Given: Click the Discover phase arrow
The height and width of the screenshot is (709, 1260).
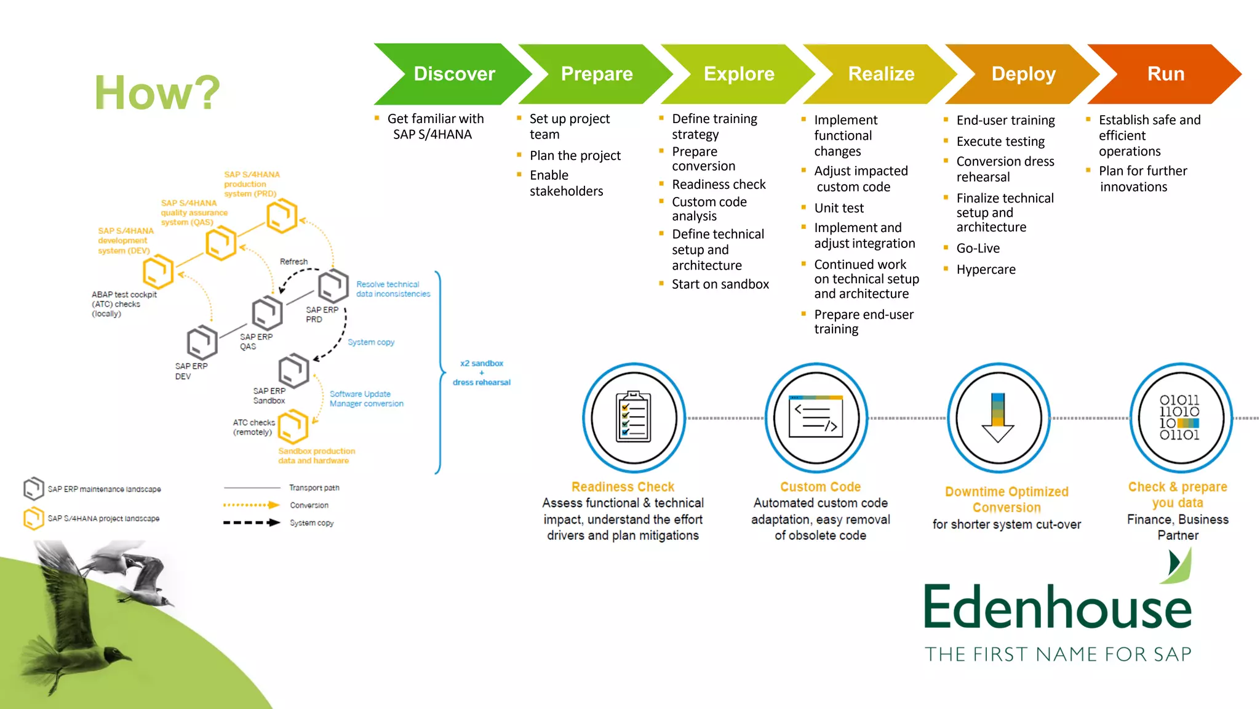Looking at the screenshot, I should tap(453, 74).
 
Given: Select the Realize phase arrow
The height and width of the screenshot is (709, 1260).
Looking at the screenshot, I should tap(880, 74).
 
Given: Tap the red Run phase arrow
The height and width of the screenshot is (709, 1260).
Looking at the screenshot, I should tap(1165, 74).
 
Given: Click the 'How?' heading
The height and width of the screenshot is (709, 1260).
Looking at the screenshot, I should tap(157, 93).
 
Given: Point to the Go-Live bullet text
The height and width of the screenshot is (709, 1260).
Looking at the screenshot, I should tap(978, 249).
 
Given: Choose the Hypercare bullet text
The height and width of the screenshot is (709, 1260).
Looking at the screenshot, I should tap(986, 270).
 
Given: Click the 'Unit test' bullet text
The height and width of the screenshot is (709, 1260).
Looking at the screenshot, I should tap(839, 208).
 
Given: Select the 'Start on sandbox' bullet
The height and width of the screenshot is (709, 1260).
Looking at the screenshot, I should tap(720, 284).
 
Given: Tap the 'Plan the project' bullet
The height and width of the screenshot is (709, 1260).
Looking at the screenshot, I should tap(575, 156).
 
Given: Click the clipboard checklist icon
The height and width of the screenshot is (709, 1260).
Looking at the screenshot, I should tap(633, 417).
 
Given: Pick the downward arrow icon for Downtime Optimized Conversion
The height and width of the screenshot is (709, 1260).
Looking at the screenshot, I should tap(998, 417).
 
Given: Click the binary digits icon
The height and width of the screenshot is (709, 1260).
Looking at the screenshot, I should tap(1179, 417).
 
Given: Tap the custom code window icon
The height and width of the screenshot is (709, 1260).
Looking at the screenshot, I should tap(816, 417).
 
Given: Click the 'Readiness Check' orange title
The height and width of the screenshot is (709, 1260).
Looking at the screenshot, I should tap(623, 487).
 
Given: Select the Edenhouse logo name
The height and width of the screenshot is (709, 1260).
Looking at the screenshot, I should tap(1058, 607).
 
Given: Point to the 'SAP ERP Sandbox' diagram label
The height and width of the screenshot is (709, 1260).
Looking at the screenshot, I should tap(269, 396).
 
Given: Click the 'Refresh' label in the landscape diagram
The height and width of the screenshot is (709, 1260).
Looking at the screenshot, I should tap(293, 262).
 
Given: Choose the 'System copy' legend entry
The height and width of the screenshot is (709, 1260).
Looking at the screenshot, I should tap(311, 523).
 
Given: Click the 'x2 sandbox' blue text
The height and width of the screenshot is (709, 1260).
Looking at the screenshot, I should tap(482, 363).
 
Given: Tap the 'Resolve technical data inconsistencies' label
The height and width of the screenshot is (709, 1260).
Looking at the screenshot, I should tap(393, 289).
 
